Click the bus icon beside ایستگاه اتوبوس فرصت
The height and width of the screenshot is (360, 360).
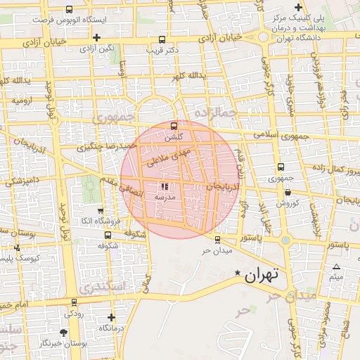tap(69, 10)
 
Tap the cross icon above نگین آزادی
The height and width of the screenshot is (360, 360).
tap(96, 37)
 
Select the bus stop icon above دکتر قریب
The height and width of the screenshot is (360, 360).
tap(163, 40)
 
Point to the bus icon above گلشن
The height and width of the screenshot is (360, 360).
tap(174, 126)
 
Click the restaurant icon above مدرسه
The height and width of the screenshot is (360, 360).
tap(165, 187)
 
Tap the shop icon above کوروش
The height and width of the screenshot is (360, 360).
tap(288, 193)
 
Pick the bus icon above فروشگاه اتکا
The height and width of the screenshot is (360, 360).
tap(100, 210)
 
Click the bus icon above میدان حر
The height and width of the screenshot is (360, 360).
tap(217, 238)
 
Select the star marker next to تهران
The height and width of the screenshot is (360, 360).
tap(237, 273)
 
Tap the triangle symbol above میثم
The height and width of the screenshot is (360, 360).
tap(336, 266)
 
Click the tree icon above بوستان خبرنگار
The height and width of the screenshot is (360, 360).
tap(65, 332)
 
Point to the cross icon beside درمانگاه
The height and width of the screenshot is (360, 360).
tap(112, 317)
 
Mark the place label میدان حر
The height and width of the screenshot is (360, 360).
tap(216, 250)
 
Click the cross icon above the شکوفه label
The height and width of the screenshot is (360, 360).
tap(108, 234)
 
